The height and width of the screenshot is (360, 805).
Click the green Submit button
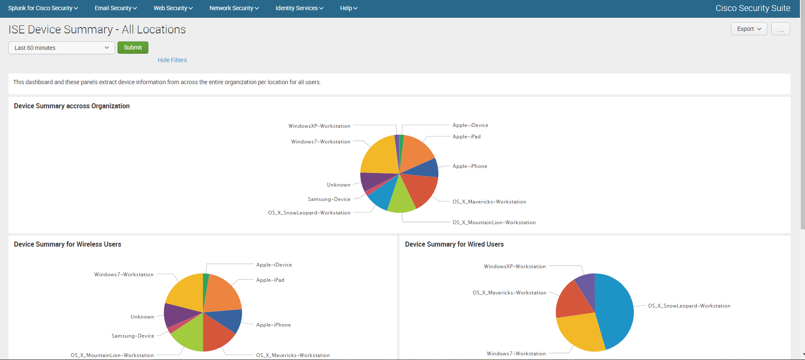pyautogui.click(x=133, y=48)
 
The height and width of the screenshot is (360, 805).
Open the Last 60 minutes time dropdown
pyautogui.click(x=61, y=48)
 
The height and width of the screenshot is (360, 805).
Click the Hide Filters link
pyautogui.click(x=172, y=60)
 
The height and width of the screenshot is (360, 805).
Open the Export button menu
pyautogui.click(x=749, y=29)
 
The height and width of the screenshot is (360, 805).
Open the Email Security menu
pyautogui.click(x=115, y=8)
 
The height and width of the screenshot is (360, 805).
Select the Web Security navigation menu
pyautogui.click(x=173, y=8)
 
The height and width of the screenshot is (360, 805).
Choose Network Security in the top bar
pyautogui.click(x=234, y=8)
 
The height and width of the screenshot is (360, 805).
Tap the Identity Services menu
pyautogui.click(x=299, y=8)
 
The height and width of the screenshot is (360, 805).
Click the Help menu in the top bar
pyautogui.click(x=348, y=8)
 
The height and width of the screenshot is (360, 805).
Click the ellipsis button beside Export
pyautogui.click(x=780, y=29)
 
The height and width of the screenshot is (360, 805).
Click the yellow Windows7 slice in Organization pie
pyautogui.click(x=378, y=157)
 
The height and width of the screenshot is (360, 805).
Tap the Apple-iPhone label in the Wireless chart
pyautogui.click(x=273, y=325)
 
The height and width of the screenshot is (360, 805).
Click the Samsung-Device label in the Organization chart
pyautogui.click(x=329, y=199)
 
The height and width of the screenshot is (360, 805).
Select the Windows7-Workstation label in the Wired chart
pyautogui.click(x=516, y=354)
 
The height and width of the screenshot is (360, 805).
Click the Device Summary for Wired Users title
pyautogui.click(x=454, y=245)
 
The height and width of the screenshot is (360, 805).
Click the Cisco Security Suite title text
pyautogui.click(x=753, y=8)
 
